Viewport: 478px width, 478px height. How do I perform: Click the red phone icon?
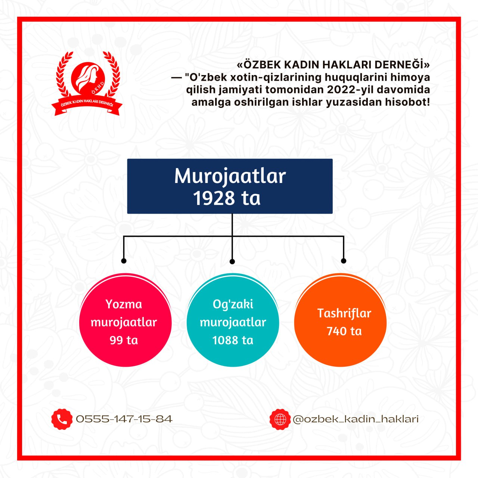pos(62,419)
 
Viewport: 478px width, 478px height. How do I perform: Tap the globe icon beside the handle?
pos(280,419)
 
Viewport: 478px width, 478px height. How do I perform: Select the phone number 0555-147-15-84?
pos(124,419)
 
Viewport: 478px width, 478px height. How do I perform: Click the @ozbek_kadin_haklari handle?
pos(356,419)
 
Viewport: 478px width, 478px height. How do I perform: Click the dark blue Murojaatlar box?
pos(230,186)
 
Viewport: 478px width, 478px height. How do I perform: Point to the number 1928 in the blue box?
pos(214,198)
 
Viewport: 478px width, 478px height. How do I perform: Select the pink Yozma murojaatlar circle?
pos(125,320)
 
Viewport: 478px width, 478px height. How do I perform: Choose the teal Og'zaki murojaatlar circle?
pos(233,320)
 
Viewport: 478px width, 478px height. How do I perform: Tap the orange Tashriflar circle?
pos(340,320)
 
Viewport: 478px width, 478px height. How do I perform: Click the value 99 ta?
pos(124,340)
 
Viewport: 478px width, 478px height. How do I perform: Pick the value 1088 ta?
pos(233,340)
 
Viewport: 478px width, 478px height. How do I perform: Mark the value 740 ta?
pos(344,331)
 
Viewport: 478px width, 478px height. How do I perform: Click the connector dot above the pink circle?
pos(124,261)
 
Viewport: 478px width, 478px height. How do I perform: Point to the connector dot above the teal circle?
pos(232,261)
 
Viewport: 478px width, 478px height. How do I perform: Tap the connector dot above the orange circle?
pos(344,261)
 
